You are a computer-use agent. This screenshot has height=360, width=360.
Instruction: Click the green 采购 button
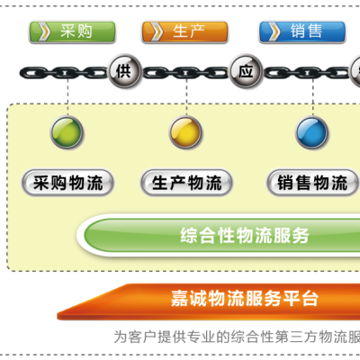click(72, 31)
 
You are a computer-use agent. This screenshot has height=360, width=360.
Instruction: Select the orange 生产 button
click(184, 31)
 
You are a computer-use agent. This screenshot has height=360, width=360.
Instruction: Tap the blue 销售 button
click(302, 31)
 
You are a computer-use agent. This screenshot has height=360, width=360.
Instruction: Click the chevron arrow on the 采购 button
click(44, 31)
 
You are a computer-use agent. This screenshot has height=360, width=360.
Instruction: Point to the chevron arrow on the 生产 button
click(157, 31)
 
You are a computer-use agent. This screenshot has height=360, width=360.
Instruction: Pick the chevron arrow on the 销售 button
click(274, 31)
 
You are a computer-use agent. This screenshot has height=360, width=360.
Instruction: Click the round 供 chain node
click(124, 71)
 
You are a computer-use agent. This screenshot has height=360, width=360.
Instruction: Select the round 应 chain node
click(246, 71)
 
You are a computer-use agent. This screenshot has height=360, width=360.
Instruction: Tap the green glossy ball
click(67, 132)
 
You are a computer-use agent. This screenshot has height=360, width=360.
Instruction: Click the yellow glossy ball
click(185, 132)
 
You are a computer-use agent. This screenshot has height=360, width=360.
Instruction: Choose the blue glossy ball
click(312, 132)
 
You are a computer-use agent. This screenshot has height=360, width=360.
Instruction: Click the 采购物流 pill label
click(67, 183)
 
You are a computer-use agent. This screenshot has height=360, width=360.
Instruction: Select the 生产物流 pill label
click(186, 183)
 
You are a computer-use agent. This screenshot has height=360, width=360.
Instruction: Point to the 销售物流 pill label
click(312, 183)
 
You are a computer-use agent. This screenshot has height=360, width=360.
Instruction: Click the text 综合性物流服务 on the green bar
click(245, 236)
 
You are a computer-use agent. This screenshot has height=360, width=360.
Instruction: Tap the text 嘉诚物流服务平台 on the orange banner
click(245, 298)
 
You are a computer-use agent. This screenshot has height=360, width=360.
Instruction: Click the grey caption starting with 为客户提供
click(237, 337)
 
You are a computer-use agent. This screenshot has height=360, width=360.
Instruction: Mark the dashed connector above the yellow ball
click(186, 97)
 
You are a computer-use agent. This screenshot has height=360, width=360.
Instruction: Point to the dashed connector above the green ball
click(67, 97)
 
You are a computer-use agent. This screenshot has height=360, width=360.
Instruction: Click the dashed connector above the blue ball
click(313, 97)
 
